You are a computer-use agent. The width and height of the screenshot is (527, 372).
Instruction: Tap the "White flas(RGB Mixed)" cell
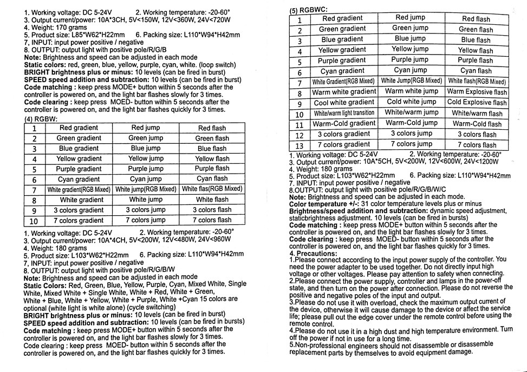pos(212,189)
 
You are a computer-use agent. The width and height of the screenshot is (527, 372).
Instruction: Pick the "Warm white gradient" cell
pos(344,92)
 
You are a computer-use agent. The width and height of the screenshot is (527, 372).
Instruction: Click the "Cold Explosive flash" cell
pos(477,102)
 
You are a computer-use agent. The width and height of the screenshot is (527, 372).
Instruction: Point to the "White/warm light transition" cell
pos(344,113)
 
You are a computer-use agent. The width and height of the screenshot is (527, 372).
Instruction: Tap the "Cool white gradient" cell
pos(344,102)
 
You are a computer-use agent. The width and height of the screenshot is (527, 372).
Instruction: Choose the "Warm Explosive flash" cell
pos(477,92)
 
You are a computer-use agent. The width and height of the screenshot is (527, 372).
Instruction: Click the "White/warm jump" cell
pos(412,112)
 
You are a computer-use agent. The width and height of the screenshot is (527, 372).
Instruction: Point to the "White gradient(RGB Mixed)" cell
pos(79,190)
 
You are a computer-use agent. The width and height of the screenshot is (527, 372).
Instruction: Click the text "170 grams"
pos(70,27)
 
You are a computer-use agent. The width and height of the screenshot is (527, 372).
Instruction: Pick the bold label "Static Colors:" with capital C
pos(45,284)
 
